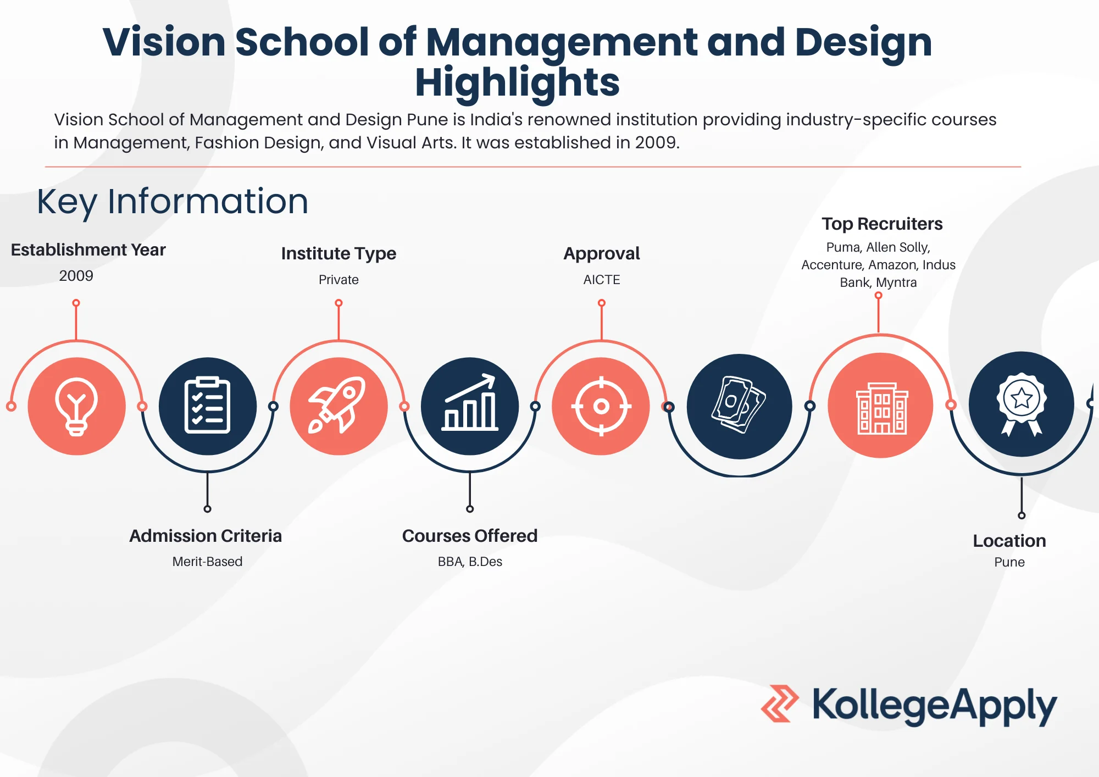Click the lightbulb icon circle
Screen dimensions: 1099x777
pos(76,406)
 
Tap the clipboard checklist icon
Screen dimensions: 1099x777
pos(207,406)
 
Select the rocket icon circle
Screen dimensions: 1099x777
pos(338,406)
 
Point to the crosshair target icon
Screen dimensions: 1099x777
pos(601,406)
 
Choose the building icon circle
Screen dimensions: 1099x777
pos(880,405)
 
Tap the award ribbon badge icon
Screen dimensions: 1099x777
pos(1022,404)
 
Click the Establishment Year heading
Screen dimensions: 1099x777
pos(88,250)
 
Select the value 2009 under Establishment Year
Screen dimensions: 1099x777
pos(76,276)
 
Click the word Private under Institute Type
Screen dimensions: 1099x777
pos(338,280)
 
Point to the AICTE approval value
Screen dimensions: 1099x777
pos(602,280)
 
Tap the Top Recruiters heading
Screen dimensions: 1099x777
pos(882,224)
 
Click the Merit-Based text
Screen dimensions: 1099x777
pos(207,562)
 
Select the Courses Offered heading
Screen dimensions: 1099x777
pos(470,536)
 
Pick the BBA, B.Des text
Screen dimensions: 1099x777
pos(470,562)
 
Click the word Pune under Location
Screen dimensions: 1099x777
pos(1009,562)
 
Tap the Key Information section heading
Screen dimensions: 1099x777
pos(173,202)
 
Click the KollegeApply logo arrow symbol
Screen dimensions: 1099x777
pos(780,703)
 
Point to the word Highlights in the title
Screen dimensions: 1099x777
pos(517,82)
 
